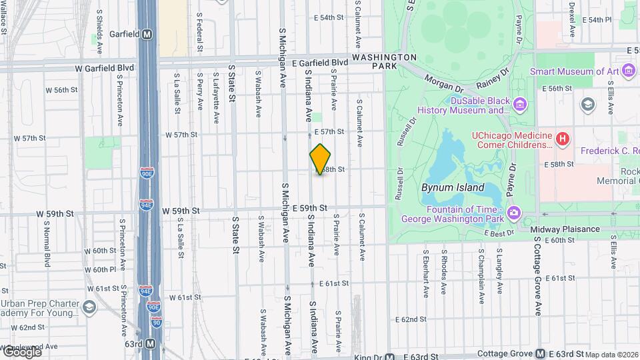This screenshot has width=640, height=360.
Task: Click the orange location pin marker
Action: [320, 159]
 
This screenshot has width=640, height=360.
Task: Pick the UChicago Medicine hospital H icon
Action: [563, 139]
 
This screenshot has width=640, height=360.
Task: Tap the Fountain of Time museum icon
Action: [514, 213]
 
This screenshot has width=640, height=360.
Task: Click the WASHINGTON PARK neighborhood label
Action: [384, 62]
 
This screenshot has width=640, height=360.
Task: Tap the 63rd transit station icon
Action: [151, 344]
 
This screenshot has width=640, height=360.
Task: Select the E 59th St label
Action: [309, 209]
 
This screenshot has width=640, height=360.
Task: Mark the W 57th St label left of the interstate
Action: [29, 139]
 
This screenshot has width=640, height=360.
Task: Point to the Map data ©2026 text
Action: [612, 355]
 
